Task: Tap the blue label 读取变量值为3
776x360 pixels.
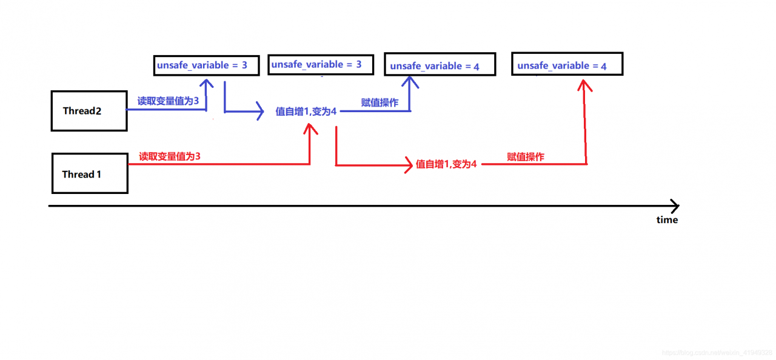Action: [168, 101]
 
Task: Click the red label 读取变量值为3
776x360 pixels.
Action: [170, 156]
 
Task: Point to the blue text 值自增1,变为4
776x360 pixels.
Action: [306, 111]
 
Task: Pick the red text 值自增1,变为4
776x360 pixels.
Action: [446, 164]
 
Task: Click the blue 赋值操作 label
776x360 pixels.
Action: [380, 102]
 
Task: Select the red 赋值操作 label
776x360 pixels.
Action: [526, 156]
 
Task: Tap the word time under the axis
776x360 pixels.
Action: [667, 220]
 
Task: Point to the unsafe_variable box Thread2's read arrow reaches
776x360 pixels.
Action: [207, 65]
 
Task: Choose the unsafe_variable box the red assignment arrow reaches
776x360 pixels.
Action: [567, 64]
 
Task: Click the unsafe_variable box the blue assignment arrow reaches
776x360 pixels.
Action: [440, 64]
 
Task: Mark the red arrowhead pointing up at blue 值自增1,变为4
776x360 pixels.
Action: [310, 128]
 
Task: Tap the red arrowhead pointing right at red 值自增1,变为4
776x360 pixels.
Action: [409, 165]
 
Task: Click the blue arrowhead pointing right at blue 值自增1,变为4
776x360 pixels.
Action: [260, 111]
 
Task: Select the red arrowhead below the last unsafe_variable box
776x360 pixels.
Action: [584, 85]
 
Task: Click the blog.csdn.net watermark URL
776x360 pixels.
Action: [717, 353]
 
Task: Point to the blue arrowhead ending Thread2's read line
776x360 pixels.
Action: [207, 84]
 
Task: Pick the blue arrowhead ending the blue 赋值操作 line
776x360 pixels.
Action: [410, 82]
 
